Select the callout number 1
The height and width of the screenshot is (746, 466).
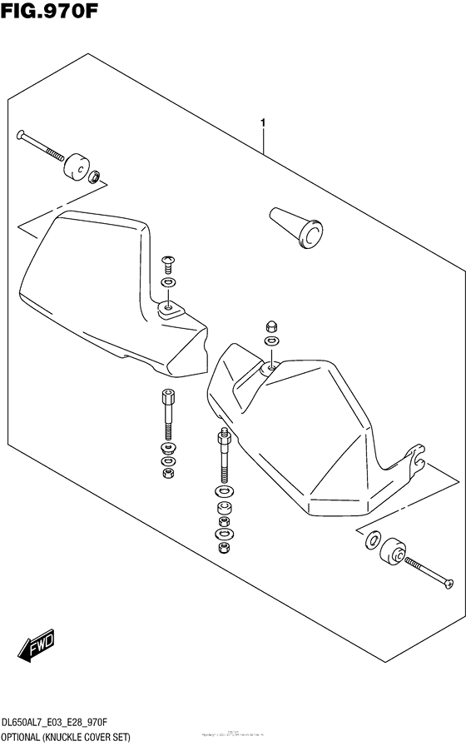(x=263, y=124)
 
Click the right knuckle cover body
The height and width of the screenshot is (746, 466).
(x=316, y=425)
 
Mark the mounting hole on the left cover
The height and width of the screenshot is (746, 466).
(x=169, y=309)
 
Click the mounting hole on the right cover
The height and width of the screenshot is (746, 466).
(x=271, y=366)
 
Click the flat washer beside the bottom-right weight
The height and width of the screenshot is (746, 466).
(x=371, y=540)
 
